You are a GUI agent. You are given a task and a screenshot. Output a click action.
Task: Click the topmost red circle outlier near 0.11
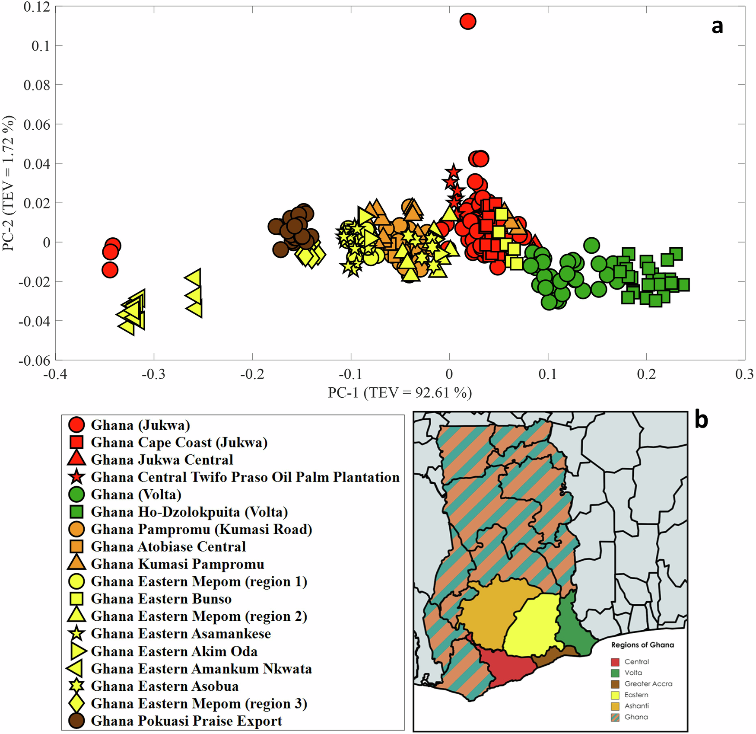click(x=468, y=21)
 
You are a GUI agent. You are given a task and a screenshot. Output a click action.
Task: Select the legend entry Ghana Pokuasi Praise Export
click(x=186, y=721)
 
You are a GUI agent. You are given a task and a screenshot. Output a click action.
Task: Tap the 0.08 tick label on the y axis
click(x=37, y=85)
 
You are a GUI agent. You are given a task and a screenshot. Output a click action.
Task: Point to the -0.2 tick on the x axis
click(x=252, y=373)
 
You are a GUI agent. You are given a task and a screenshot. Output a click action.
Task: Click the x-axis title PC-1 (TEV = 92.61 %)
click(x=400, y=393)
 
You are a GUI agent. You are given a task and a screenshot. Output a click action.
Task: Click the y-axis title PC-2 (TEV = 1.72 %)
click(x=9, y=183)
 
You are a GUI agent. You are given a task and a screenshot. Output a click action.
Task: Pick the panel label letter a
click(x=717, y=26)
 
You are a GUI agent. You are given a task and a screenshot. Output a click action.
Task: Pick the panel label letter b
click(x=701, y=420)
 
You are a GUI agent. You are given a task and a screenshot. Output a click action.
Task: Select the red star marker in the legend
click(x=76, y=477)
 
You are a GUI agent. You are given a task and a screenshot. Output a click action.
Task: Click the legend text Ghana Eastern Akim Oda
click(x=174, y=651)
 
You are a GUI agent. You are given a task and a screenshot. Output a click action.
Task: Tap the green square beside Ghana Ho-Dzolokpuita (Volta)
click(x=76, y=512)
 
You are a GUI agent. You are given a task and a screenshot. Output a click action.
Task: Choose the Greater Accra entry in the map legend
click(x=648, y=683)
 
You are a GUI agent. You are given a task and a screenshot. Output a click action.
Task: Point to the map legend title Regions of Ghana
click(x=642, y=645)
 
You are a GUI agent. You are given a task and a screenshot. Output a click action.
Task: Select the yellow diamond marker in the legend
click(x=76, y=703)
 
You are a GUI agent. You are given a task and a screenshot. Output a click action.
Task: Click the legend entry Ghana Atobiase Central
click(x=168, y=546)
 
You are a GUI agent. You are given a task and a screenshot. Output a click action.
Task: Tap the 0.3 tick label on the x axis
click(x=744, y=373)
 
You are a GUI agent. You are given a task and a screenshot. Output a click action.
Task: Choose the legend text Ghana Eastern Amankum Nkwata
click(x=201, y=669)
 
